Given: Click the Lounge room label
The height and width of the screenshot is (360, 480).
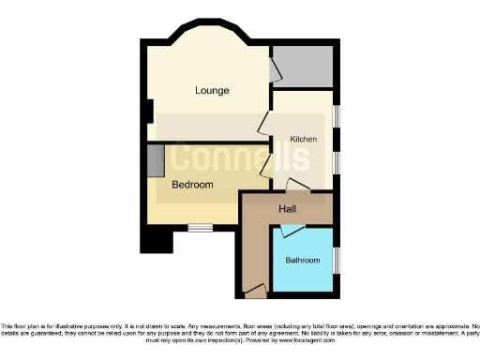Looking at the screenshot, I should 213,91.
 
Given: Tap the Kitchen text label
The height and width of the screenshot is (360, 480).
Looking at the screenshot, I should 303,139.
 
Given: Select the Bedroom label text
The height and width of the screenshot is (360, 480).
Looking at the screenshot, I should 192,185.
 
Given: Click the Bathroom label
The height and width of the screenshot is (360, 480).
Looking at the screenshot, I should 304,260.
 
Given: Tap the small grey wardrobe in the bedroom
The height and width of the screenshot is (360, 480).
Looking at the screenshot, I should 155,160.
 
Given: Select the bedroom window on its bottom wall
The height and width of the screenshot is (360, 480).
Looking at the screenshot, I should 199,227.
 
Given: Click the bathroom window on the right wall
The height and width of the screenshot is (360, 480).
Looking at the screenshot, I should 337,260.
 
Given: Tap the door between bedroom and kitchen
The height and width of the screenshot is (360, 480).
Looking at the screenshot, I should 266,168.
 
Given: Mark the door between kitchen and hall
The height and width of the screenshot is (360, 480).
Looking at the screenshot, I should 298,186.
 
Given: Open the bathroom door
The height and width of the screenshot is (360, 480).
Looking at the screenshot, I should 292,230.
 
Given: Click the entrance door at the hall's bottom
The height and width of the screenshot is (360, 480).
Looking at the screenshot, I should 252,293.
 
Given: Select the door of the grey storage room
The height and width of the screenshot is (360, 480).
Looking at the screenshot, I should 275,71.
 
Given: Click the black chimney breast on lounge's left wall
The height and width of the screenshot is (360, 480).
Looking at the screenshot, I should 150,111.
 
